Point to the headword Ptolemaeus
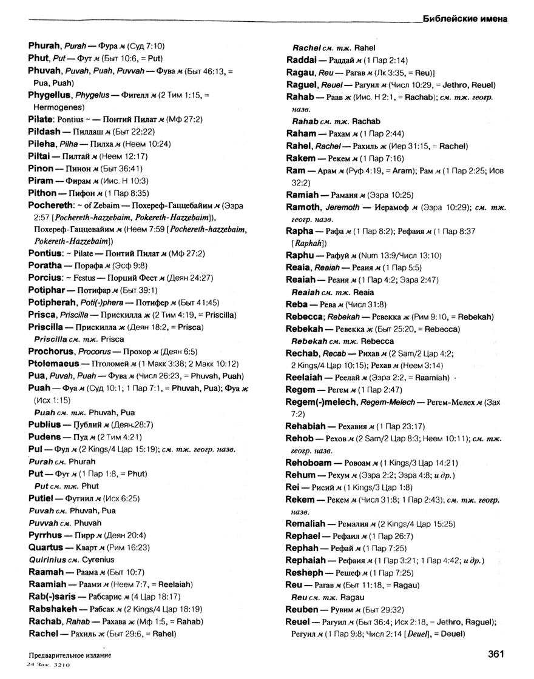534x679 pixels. tap(54, 363)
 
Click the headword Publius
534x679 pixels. tap(45, 424)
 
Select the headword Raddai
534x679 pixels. tap(302, 60)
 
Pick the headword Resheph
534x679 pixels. tap(305, 572)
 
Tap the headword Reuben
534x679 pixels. tap(302, 609)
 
